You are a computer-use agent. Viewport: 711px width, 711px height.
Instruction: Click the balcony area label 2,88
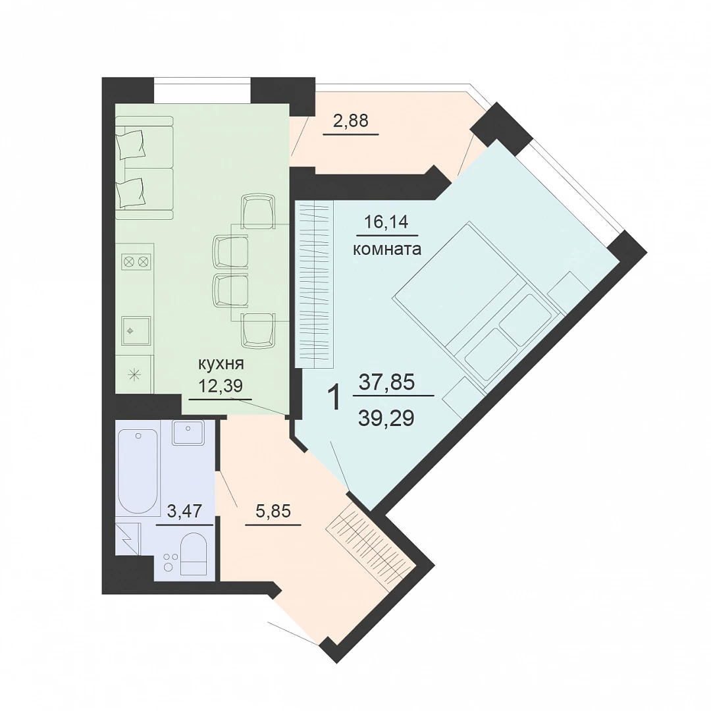[350, 121]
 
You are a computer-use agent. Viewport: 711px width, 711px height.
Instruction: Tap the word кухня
[221, 363]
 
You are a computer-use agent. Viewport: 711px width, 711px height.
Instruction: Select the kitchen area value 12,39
[221, 385]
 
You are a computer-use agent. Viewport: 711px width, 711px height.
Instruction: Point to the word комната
[387, 249]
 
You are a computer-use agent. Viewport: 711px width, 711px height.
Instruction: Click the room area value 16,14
[387, 223]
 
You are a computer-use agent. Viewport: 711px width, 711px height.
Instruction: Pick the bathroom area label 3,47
[184, 511]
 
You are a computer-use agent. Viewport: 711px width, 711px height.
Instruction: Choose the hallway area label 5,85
[273, 511]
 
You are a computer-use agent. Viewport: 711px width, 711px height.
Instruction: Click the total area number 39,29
[386, 418]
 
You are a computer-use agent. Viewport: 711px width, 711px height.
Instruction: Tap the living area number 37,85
[386, 382]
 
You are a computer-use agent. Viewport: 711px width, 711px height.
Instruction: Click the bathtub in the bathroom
[138, 471]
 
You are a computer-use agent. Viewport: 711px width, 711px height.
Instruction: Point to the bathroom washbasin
[188, 433]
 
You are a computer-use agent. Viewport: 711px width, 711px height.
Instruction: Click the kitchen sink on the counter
[136, 331]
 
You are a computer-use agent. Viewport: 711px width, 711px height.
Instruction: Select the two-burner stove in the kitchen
[136, 261]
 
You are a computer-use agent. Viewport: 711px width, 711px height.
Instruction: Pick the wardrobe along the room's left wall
[314, 284]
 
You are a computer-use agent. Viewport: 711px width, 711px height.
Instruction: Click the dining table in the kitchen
[260, 273]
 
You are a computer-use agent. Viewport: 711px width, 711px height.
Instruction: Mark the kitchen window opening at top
[202, 90]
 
